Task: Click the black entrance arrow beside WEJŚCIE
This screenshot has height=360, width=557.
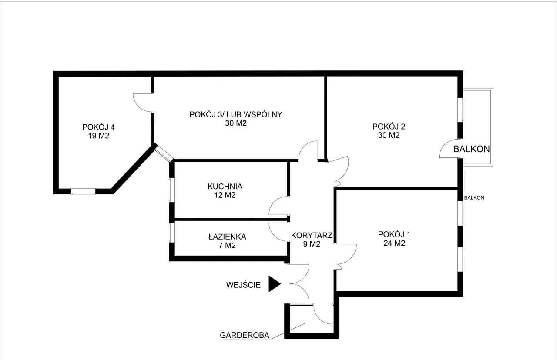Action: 274,284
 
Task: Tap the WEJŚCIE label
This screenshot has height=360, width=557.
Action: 243,285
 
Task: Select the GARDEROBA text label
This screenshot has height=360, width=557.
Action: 245,335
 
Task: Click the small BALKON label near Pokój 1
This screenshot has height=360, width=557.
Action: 474,198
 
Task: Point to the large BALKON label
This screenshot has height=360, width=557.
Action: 471,149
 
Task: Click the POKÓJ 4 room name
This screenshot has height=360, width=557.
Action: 98,127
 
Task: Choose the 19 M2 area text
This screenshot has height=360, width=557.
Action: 99,136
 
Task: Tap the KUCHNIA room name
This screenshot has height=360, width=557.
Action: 225,187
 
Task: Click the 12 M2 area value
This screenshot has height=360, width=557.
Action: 225,195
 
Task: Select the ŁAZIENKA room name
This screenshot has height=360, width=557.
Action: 227,237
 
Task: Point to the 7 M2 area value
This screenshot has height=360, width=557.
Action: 227,246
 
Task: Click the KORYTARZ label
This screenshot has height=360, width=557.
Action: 312,235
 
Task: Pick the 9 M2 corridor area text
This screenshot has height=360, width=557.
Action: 312,244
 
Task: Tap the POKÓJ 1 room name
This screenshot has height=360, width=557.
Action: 394,234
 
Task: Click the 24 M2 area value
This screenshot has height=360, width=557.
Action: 394,243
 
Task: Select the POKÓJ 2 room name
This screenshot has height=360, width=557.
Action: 389,127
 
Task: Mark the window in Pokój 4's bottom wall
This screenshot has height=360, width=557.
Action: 83,191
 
